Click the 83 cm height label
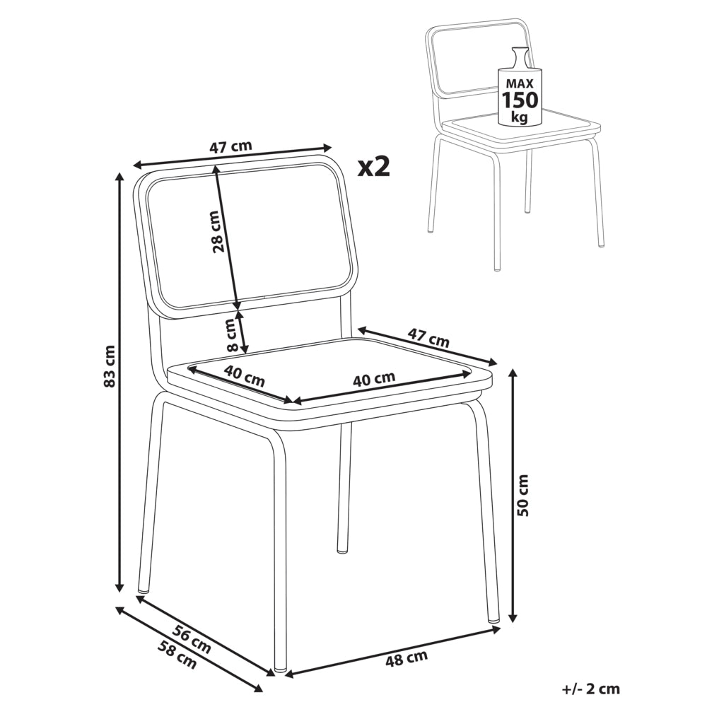tap(110, 366)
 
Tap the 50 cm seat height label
tap(523, 495)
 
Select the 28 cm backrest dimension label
tap(216, 231)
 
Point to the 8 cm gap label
tap(232, 335)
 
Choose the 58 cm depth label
tap(177, 655)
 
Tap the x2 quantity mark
tap(373, 168)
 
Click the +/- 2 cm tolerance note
tap(591, 689)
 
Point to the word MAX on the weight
tap(520, 83)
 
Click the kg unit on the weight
tap(520, 117)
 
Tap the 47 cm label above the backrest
tap(230, 146)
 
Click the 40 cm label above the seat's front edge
tap(374, 379)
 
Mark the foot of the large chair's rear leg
tap(343, 549)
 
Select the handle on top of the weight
tap(518, 57)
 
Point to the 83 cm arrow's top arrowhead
tap(120, 176)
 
